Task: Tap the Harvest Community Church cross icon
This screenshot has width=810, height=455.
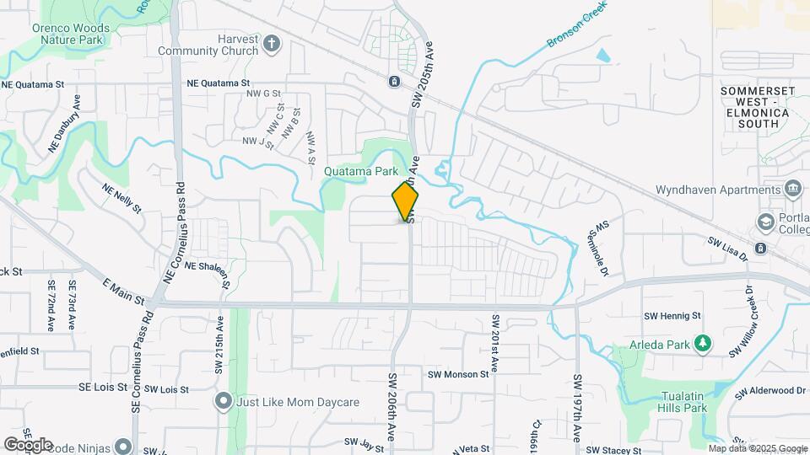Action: click(x=272, y=43)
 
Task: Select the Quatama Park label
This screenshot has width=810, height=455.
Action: click(x=361, y=170)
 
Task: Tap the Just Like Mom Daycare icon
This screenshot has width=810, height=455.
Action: click(x=224, y=400)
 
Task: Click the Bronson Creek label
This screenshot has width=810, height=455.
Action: click(x=577, y=29)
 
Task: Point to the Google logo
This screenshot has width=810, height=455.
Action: click(x=28, y=444)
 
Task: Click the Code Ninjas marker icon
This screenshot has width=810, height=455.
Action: click(x=124, y=446)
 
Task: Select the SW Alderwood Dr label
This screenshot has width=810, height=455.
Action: click(x=770, y=392)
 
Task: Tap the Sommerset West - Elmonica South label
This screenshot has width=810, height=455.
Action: click(x=754, y=106)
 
